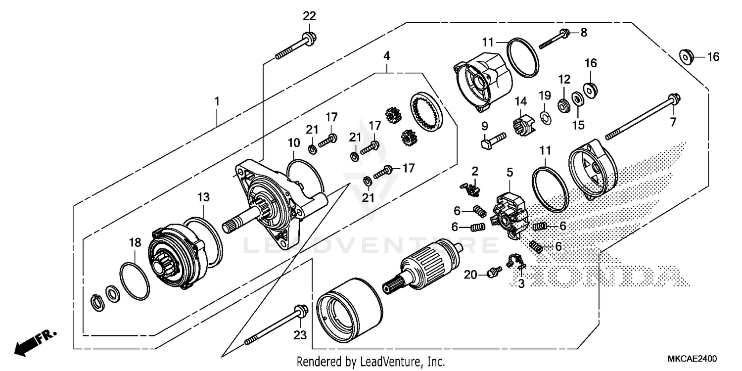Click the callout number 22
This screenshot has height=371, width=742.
click(x=309, y=16)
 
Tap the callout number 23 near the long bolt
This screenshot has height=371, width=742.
click(x=300, y=335)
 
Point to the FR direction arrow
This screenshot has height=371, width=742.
click(x=35, y=341)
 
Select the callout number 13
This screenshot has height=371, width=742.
click(x=204, y=197)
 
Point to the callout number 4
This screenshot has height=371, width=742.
click(x=386, y=55)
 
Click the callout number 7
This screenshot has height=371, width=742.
click(x=672, y=122)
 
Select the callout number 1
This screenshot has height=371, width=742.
click(x=216, y=101)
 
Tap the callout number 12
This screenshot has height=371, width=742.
click(x=564, y=79)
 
